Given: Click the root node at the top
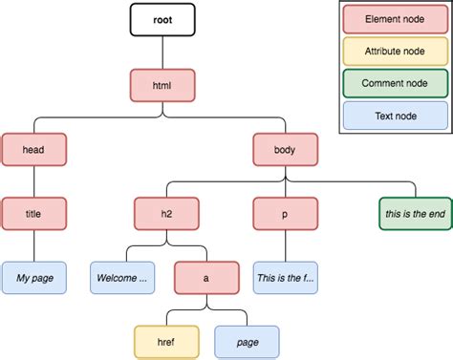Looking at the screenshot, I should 162,19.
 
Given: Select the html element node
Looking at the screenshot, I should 162,86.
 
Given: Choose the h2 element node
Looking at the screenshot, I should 163,213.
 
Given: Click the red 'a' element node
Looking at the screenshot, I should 206,279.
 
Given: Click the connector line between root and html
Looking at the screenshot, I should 162,53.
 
